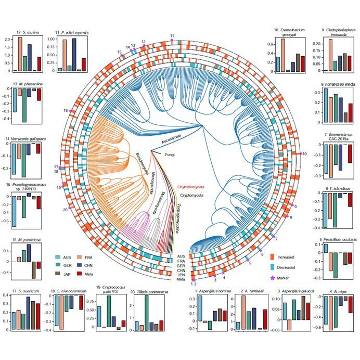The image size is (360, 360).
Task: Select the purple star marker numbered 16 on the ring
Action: (71, 111)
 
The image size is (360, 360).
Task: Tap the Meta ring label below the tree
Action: (181, 280)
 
